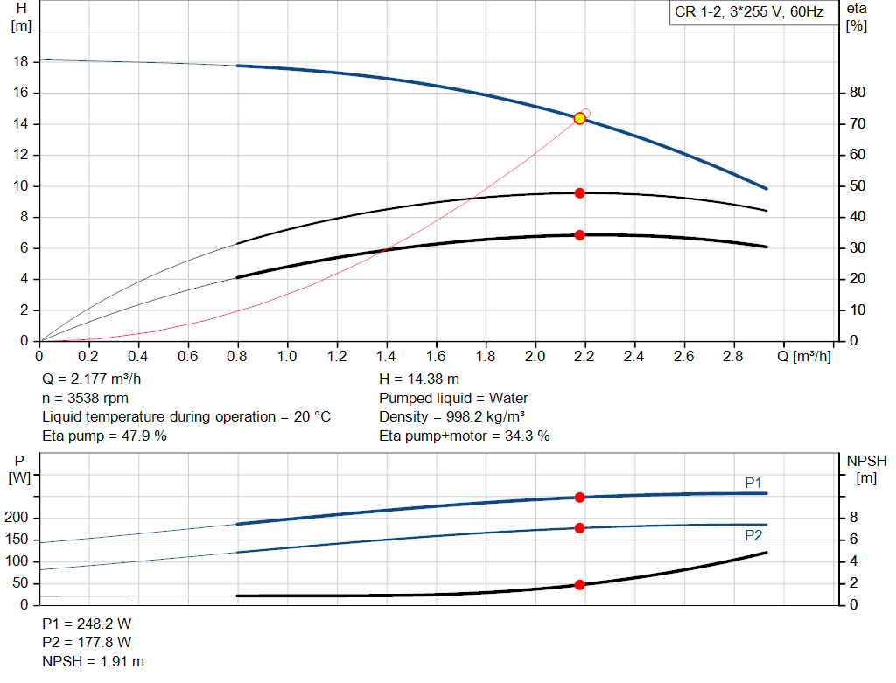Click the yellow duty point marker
pos(579,118)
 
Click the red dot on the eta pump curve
pos(579,192)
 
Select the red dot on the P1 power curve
pos(579,498)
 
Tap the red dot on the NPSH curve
pos(579,584)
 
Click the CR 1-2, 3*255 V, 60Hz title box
pos(748,13)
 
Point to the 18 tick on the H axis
pos(22,62)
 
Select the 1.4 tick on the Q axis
pos(386,357)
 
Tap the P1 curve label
pos(753,482)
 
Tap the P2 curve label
pos(753,536)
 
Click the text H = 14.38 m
pos(419,380)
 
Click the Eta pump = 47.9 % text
pos(104,436)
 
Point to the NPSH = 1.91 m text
pos(94,661)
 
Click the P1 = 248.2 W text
pos(87,624)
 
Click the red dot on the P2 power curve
pos(579,528)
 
